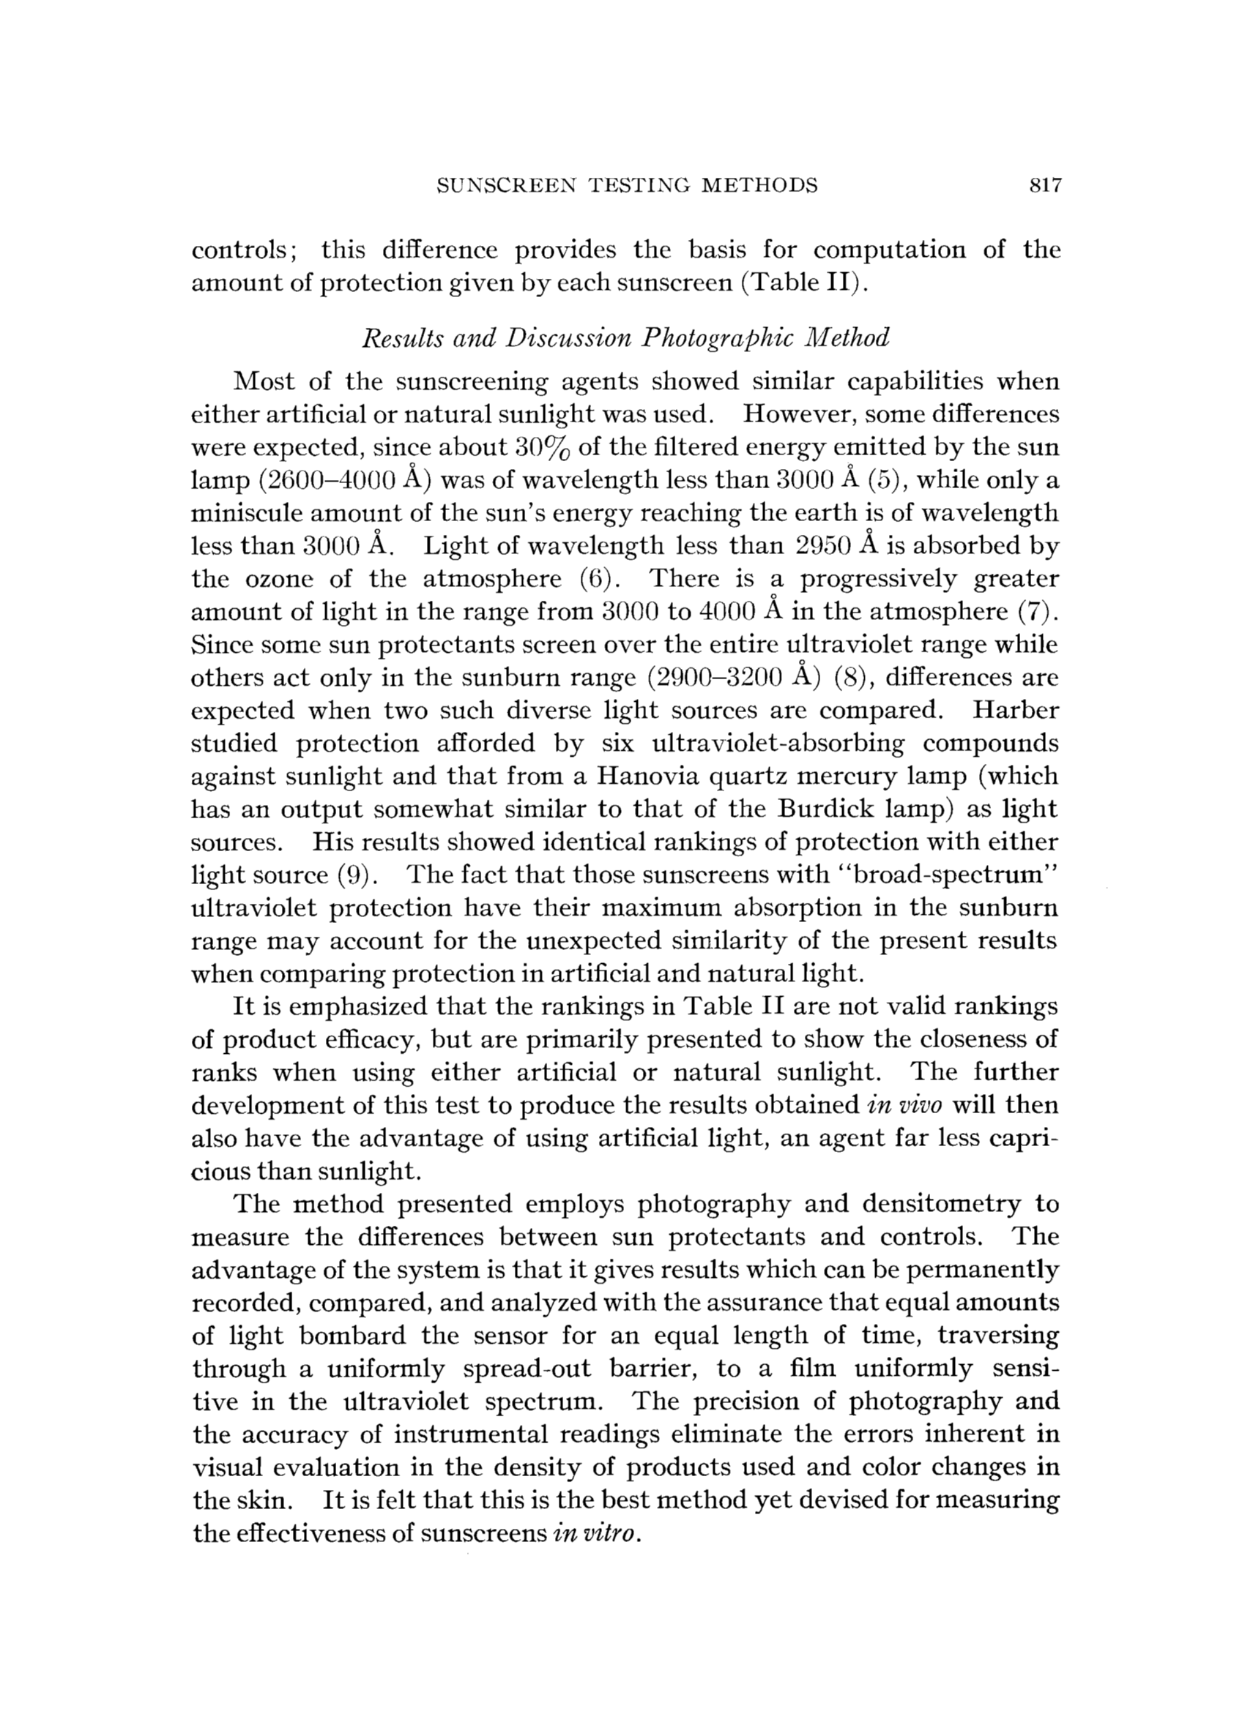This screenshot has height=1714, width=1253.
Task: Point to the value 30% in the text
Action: [x=538, y=448]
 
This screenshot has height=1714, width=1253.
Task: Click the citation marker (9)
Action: [x=355, y=875]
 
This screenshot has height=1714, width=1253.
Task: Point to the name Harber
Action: [x=1015, y=711]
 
